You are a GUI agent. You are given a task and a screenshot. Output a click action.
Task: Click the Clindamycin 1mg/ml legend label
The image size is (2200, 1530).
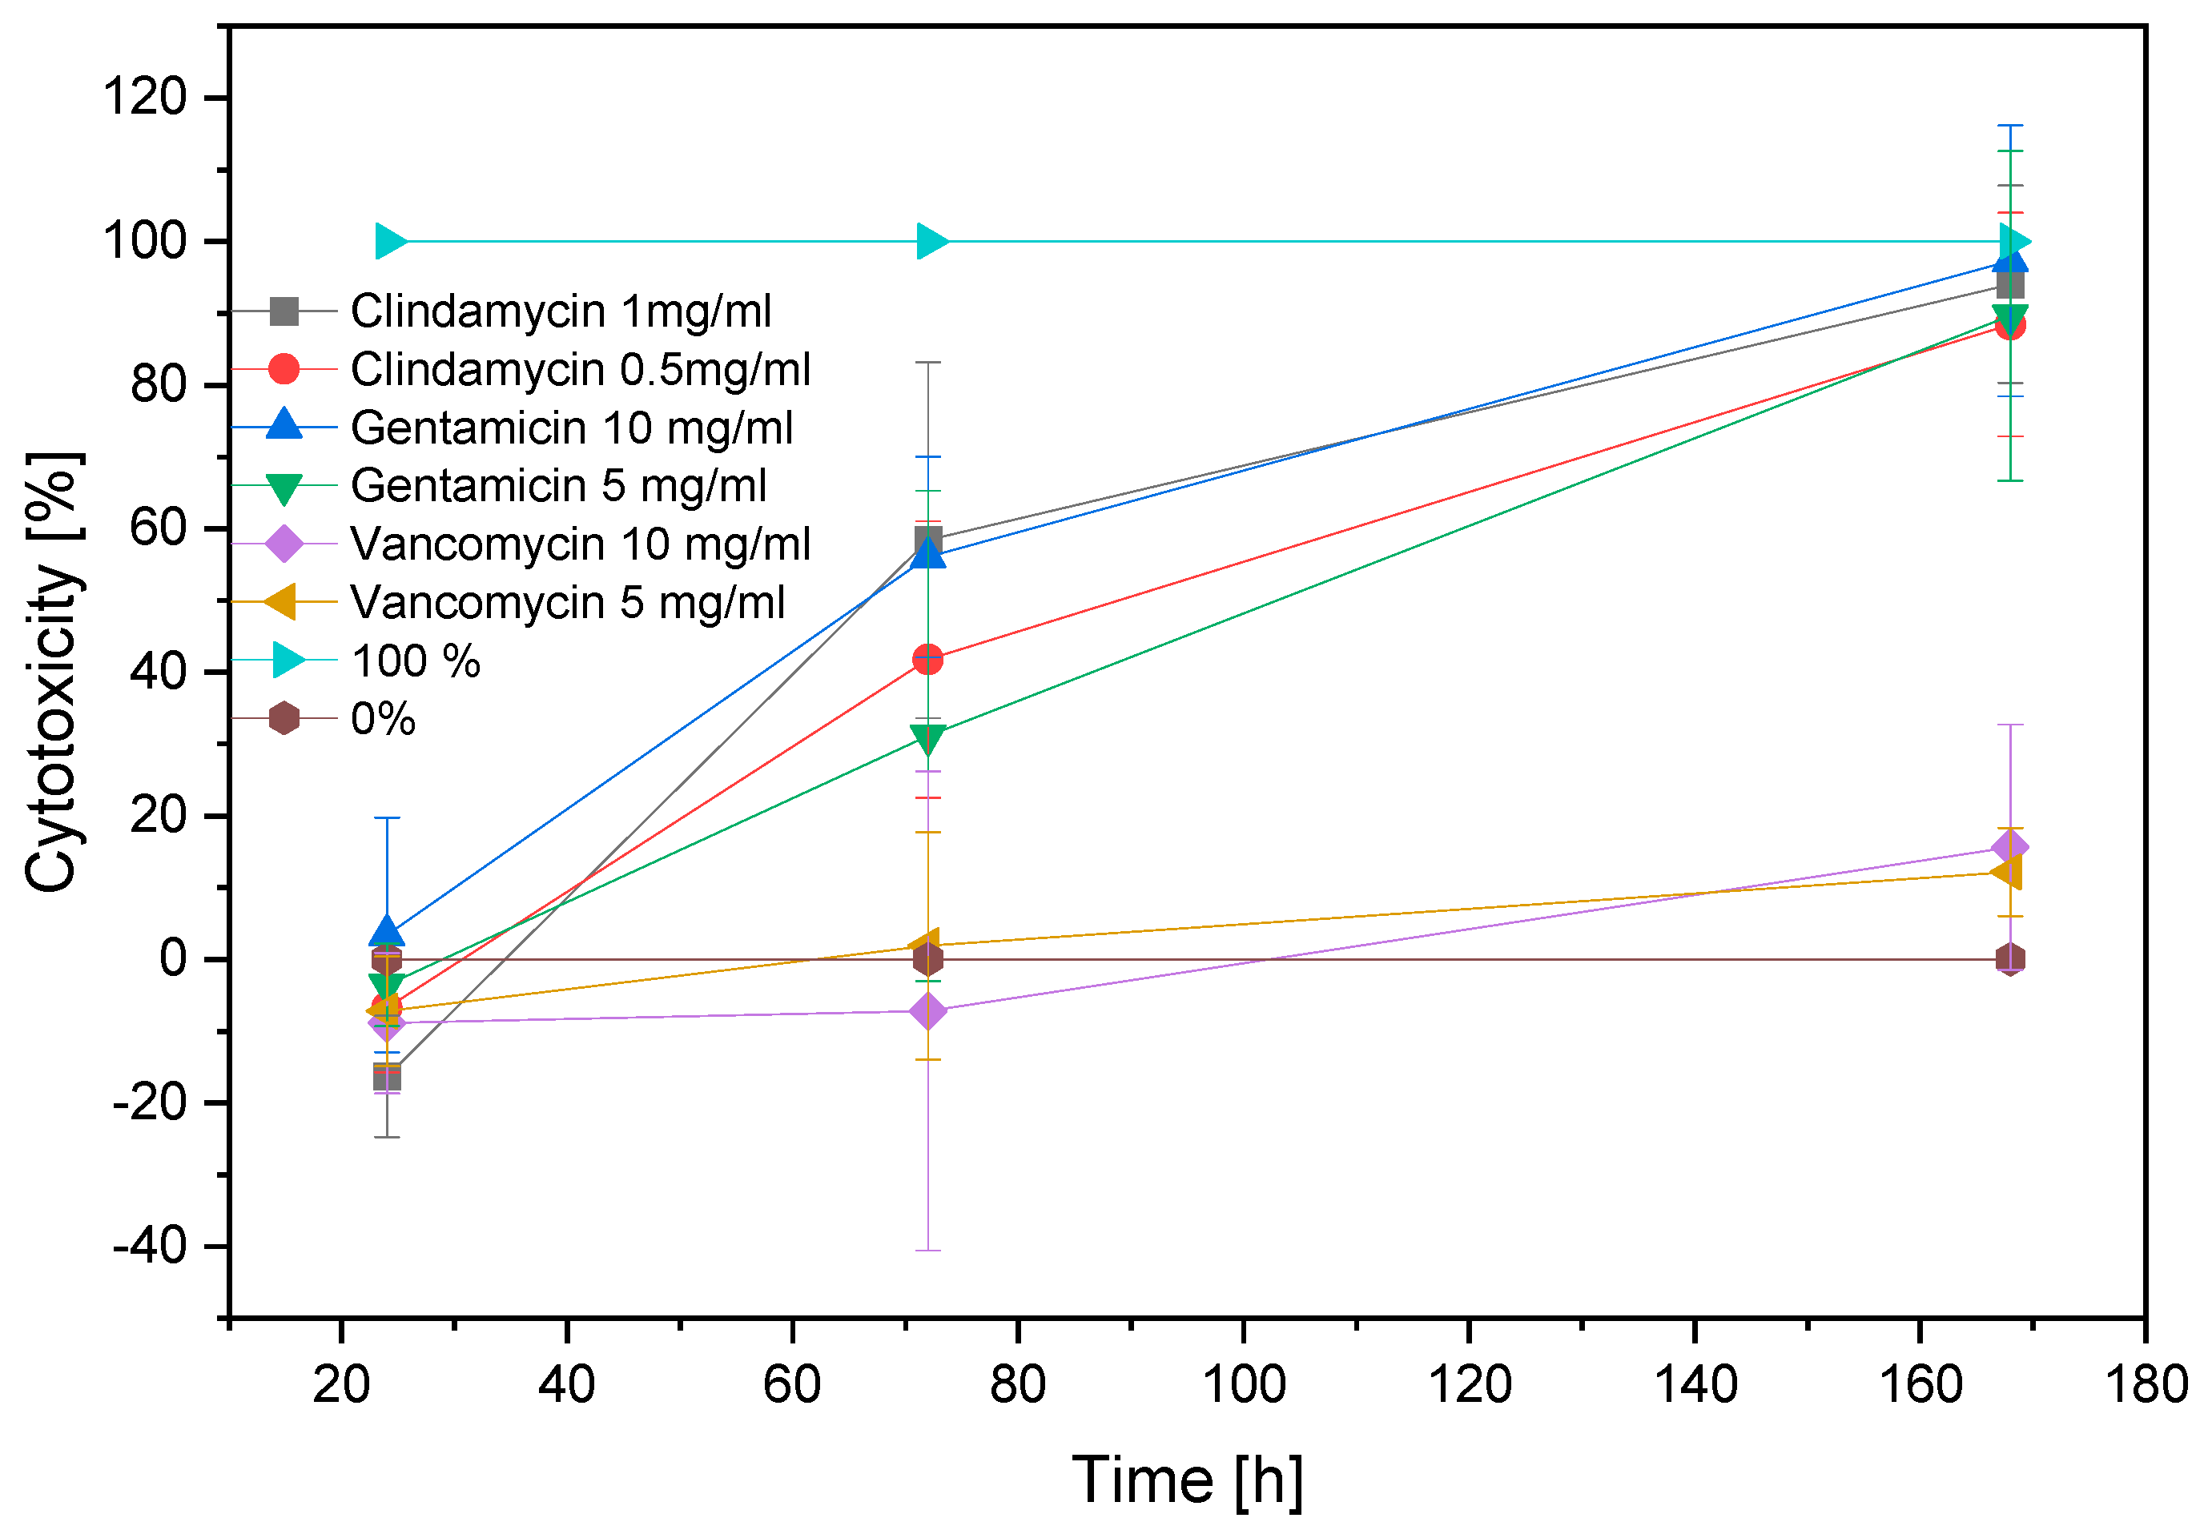tap(561, 311)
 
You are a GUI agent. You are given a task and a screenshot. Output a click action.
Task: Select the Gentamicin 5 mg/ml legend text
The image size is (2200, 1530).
tap(559, 486)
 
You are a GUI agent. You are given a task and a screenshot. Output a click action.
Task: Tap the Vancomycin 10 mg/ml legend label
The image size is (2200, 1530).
tap(581, 544)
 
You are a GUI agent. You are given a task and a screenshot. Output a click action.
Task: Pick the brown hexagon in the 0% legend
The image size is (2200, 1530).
tap(284, 717)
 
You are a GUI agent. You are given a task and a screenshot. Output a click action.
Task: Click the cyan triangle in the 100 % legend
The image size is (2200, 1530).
tap(287, 660)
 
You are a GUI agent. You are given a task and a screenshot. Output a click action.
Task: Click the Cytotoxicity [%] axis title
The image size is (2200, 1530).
tap(53, 672)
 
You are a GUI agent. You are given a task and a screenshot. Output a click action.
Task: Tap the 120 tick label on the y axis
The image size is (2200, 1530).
tap(143, 98)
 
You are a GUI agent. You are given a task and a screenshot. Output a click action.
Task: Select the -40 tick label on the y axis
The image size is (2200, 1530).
tap(148, 1247)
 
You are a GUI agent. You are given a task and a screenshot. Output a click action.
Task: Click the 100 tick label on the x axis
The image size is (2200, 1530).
tap(1243, 1384)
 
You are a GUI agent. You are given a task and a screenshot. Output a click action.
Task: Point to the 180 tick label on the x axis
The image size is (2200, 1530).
tap(2146, 1384)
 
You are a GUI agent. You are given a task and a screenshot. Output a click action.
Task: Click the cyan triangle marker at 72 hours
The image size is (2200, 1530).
tap(931, 242)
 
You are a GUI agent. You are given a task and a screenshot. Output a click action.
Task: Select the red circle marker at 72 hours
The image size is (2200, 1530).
tap(927, 659)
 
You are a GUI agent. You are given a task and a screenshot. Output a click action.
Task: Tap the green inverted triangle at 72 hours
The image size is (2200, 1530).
tap(927, 739)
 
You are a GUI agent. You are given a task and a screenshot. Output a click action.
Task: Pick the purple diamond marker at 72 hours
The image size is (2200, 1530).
tap(927, 1010)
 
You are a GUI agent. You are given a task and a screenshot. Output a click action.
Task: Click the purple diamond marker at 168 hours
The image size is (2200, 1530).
tap(2009, 847)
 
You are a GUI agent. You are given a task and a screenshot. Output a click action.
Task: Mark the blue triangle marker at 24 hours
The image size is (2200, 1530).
tap(386, 930)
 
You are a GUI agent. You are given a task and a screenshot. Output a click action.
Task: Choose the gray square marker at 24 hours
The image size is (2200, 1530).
tap(386, 1077)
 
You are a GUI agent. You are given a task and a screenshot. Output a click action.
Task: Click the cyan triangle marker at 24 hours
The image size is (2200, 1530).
tap(390, 242)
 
